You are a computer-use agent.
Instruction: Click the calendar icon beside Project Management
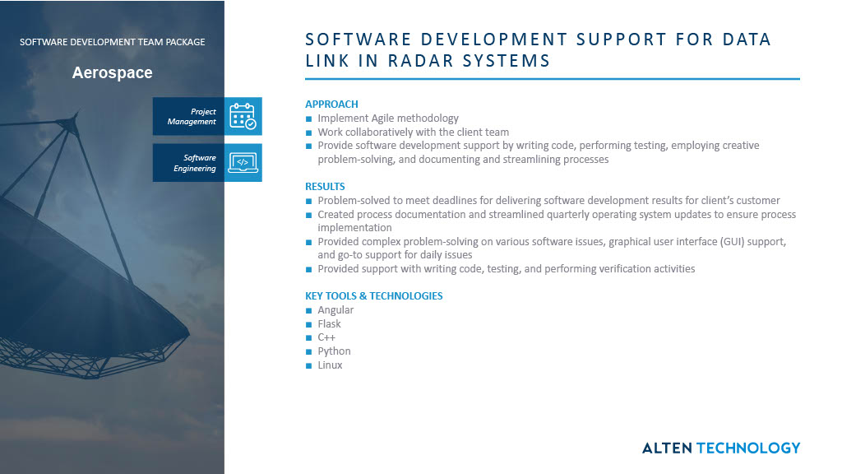(243, 116)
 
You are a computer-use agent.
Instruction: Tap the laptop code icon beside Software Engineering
(243, 162)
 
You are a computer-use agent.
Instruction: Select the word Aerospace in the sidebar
(112, 72)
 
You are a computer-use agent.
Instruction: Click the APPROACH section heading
(331, 105)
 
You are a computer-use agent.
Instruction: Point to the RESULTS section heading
(325, 187)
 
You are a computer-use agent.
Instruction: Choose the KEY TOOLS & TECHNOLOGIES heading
(373, 296)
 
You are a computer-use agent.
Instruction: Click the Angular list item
(335, 310)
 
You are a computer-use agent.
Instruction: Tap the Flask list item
(329, 324)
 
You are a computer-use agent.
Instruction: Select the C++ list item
(326, 337)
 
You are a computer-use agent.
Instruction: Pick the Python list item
(334, 351)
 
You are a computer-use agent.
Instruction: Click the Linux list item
(330, 365)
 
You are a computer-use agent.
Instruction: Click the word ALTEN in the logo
(667, 448)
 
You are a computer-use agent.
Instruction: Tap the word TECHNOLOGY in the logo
(747, 448)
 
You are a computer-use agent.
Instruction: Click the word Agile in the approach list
(382, 118)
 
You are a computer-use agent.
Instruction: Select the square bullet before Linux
(309, 365)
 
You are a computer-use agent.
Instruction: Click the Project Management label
(192, 117)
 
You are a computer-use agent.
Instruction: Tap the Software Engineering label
(195, 163)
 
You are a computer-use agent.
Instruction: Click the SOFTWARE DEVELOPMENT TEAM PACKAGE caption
(112, 42)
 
